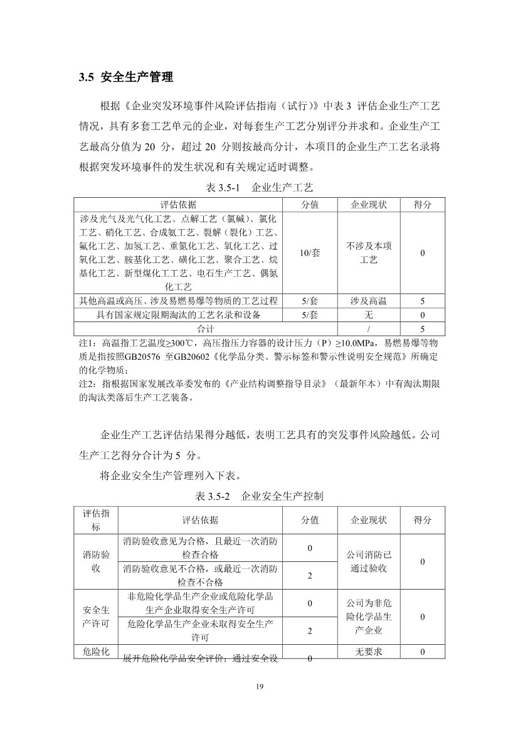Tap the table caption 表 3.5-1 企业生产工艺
click(259, 187)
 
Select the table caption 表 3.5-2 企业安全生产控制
click(259, 496)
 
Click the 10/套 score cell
click(310, 253)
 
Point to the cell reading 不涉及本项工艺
click(369, 253)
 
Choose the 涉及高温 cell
click(369, 301)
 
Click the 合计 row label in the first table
click(206, 328)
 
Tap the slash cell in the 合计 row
click(369, 328)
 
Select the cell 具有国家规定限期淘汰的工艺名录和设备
click(178, 315)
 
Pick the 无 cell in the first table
click(369, 315)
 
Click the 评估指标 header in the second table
click(95, 521)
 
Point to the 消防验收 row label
click(95, 561)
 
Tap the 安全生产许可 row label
click(95, 617)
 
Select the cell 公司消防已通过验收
click(369, 561)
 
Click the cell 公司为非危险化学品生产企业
click(369, 617)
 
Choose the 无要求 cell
click(369, 652)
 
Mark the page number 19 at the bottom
click(259, 686)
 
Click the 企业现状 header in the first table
click(369, 205)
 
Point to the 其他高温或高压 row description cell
click(178, 301)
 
